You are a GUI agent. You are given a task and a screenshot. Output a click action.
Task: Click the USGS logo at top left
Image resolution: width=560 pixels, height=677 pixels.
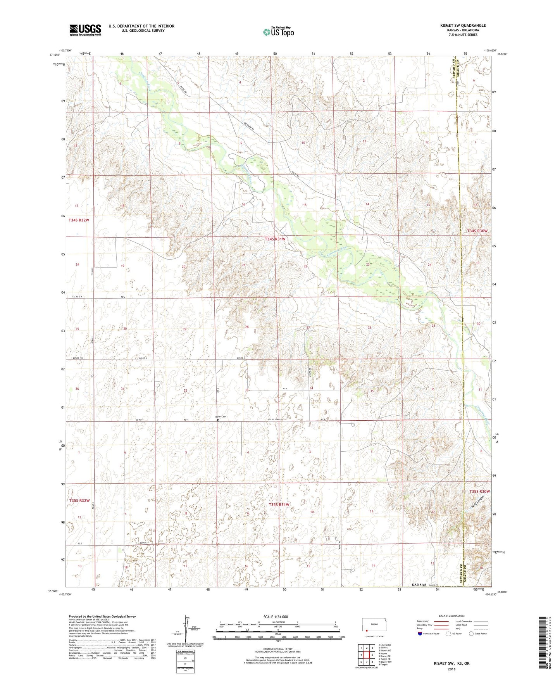tap(85, 30)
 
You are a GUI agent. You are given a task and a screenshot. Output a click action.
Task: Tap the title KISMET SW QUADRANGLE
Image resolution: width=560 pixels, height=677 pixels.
tap(463, 26)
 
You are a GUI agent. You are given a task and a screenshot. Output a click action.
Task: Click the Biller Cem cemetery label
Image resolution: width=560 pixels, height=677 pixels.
tap(221, 417)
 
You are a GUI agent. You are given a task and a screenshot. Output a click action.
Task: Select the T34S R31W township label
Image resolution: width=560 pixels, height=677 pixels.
tap(275, 239)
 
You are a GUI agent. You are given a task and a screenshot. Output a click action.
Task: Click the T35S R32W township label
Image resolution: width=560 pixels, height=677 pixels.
tap(79, 501)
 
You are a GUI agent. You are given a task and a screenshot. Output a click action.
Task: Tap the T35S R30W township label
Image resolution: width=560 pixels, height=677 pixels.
tap(480, 492)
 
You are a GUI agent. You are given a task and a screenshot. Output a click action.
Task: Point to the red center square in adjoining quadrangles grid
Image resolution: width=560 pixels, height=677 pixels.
tap(366, 655)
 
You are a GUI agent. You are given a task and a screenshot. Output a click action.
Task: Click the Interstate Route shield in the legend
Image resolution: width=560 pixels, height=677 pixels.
tap(420, 634)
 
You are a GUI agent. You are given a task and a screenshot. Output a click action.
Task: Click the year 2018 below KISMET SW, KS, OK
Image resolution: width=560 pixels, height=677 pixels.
tap(451, 669)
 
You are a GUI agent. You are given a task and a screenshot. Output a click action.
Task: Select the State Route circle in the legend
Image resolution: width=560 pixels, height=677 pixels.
tap(471, 634)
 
